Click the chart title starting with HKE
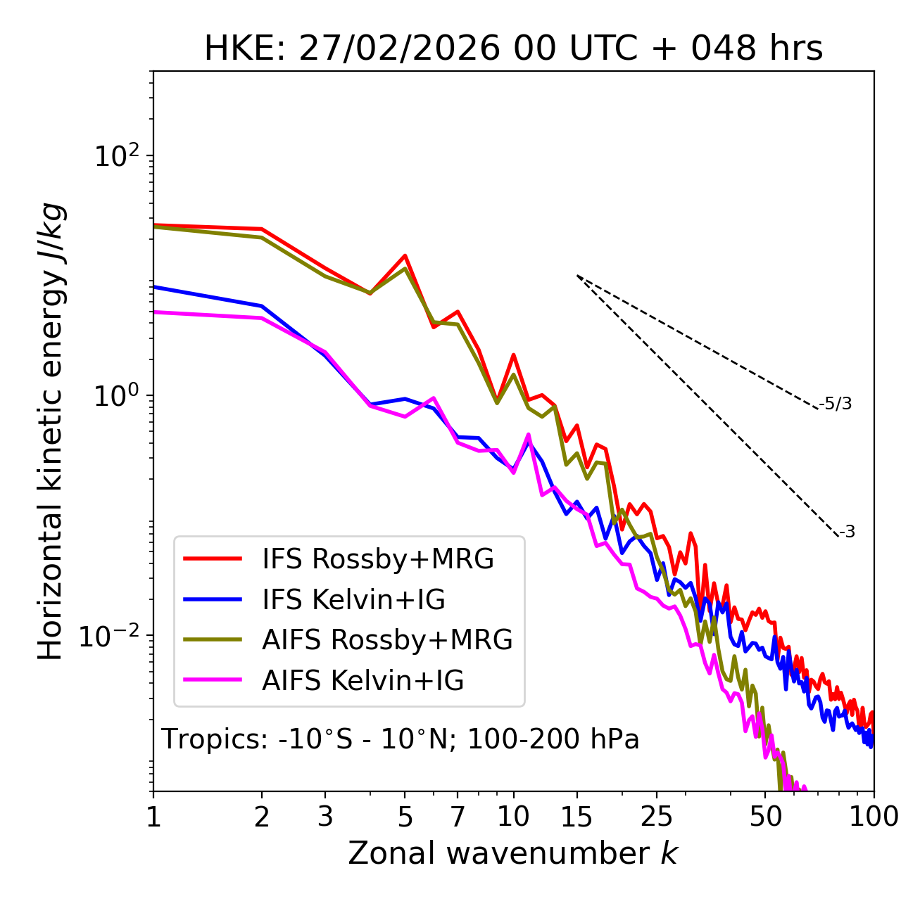click(x=513, y=49)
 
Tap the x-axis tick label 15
click(x=576, y=817)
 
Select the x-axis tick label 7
click(x=458, y=817)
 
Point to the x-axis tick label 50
click(x=766, y=817)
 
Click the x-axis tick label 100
click(x=874, y=817)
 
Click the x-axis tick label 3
click(x=325, y=817)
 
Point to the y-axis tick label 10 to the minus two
click(x=113, y=636)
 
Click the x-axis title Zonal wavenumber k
click(x=513, y=853)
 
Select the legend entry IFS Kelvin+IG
click(x=353, y=600)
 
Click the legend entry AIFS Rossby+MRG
click(x=387, y=640)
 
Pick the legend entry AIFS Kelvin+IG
click(x=363, y=681)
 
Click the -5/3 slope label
click(x=836, y=404)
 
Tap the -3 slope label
click(x=848, y=532)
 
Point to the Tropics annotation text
click(x=401, y=739)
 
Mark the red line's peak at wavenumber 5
click(x=405, y=255)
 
